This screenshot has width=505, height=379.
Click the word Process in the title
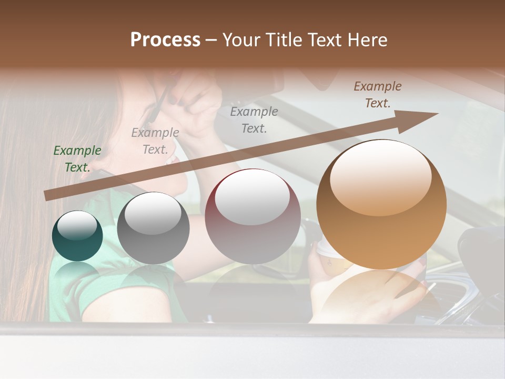point(165,40)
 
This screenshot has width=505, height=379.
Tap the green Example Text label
point(77,158)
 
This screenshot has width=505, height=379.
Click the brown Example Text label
point(377,94)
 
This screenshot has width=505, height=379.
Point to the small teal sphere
point(77,236)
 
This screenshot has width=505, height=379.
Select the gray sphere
point(153,228)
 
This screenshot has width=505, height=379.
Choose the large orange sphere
point(381,205)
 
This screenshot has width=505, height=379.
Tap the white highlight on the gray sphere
point(153,213)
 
